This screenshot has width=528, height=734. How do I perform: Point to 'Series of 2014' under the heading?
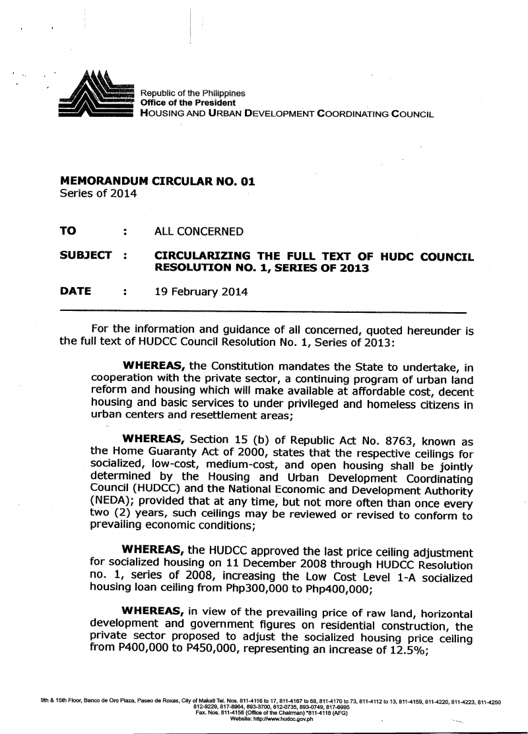click(x=98, y=194)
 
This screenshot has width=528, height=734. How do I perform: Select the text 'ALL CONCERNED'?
click(x=199, y=232)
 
